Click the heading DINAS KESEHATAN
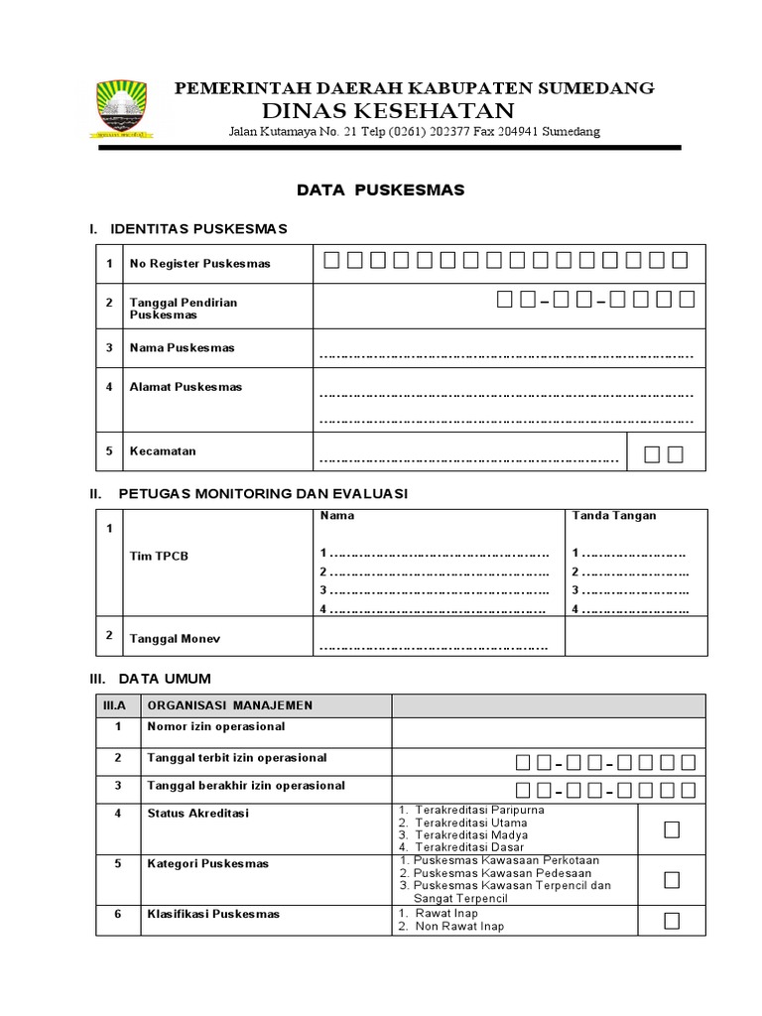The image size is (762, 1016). point(388,110)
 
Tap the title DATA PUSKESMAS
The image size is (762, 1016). point(381,189)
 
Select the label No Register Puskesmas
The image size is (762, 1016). point(199,264)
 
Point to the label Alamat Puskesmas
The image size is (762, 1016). point(186,387)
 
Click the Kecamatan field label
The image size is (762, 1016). point(163,450)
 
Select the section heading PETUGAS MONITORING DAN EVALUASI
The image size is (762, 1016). point(262,493)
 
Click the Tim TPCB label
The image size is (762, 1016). point(159,556)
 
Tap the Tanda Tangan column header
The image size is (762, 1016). point(614,516)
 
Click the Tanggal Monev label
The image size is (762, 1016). point(175,639)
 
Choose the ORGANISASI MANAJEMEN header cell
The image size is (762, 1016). point(229,705)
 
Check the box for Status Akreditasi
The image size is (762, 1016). point(672,829)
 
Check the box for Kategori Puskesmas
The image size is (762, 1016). point(672,879)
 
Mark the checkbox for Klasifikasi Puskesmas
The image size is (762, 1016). point(672,920)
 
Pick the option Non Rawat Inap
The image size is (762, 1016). point(459,927)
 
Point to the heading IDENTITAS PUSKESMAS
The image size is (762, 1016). point(202,229)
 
